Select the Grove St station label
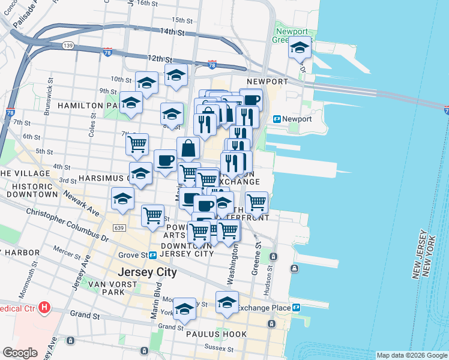click(x=140, y=255)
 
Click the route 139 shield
click(x=68, y=46)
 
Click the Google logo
click(x=20, y=353)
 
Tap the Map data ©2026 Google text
click(x=412, y=355)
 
